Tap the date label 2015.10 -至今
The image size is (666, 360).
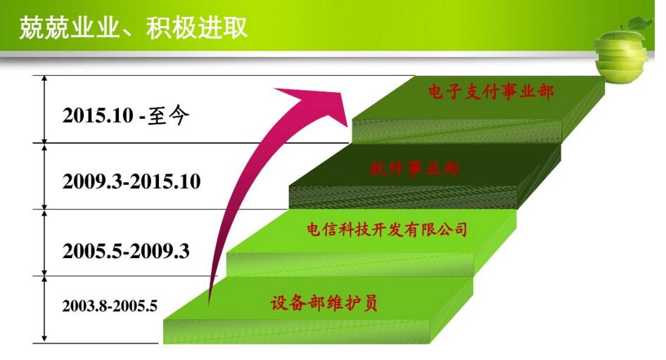126,116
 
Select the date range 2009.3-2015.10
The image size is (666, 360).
132,181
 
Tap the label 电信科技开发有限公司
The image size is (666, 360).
388,230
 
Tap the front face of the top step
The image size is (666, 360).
457,131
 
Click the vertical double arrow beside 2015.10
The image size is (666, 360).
44,109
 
